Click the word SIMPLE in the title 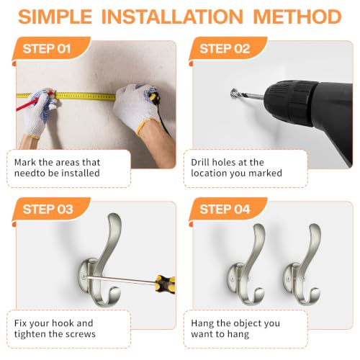point(55,17)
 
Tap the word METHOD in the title point(297,17)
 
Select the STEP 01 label point(47,49)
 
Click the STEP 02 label point(225,49)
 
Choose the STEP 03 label point(48,210)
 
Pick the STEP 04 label point(225,210)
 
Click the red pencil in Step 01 point(34,102)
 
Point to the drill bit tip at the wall point(233,93)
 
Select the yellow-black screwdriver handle point(165,284)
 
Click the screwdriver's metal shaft point(120,279)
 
